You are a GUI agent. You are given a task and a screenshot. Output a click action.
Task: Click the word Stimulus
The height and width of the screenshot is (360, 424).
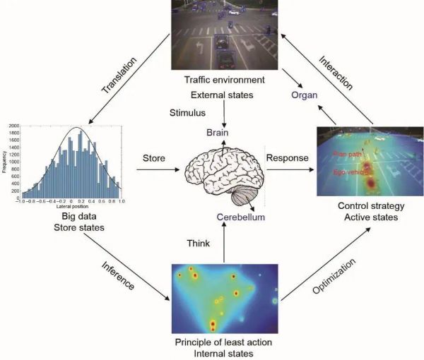tap(187, 112)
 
